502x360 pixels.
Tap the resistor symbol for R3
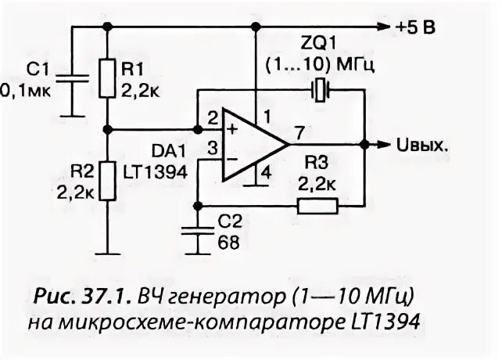click(x=317, y=207)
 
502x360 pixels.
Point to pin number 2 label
click(x=212, y=119)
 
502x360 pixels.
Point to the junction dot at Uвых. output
click(x=364, y=145)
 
